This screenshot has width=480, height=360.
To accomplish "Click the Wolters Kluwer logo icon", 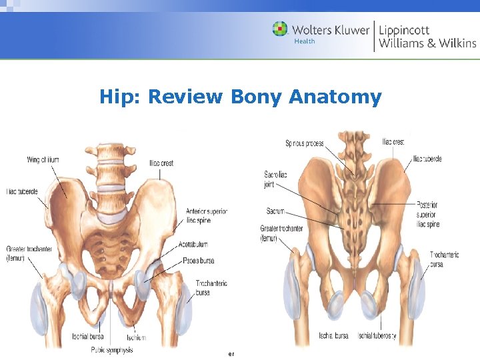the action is [280, 29].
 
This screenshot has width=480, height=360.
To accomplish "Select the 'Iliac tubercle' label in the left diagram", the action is [22, 192].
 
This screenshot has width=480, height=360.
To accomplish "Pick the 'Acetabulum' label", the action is [193, 245].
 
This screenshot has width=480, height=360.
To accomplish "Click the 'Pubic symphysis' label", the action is [111, 350].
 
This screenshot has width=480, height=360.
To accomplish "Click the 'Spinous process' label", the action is [305, 143].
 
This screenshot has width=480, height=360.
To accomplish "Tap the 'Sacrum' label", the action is [275, 211].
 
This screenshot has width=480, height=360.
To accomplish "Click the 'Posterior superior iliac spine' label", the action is [428, 214].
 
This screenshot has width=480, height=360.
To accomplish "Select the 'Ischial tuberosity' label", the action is [377, 336].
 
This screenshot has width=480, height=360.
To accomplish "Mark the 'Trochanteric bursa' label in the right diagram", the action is [445, 259].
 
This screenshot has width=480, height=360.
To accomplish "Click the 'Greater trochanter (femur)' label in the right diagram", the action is [281, 233].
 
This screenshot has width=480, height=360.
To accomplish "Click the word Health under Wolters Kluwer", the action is [304, 41].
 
